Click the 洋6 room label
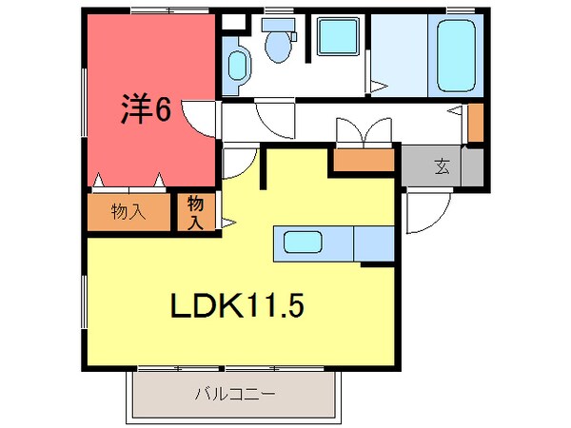(145, 110)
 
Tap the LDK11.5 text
(237, 306)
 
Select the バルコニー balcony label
(235, 393)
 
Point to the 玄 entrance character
(443, 167)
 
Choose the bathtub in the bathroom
(458, 53)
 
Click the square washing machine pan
(336, 39)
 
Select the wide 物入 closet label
(128, 211)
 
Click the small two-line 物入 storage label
(195, 212)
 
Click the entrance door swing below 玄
(423, 214)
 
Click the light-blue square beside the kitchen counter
(373, 244)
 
